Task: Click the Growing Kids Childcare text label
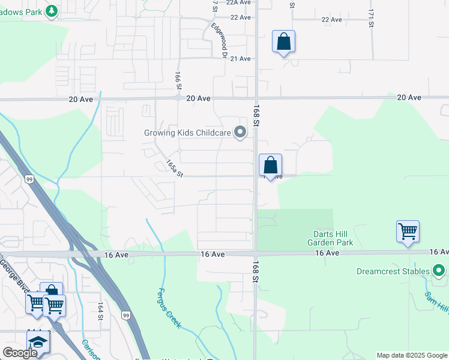(x=187, y=133)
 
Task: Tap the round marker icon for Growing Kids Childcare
(x=240, y=132)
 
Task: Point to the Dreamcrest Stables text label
(x=393, y=271)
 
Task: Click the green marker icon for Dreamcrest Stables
(x=439, y=271)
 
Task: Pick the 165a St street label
(x=174, y=167)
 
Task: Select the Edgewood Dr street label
(x=217, y=41)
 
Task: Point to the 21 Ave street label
(x=240, y=59)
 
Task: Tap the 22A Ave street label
(x=238, y=2)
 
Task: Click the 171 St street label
(x=372, y=17)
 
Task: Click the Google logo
(x=20, y=353)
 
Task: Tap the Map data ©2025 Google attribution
(x=412, y=355)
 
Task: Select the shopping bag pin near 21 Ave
(x=284, y=42)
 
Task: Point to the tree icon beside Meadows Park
(x=52, y=10)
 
